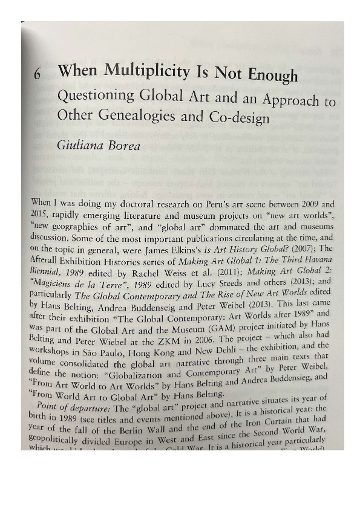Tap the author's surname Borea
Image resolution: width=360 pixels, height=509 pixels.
point(125,145)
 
